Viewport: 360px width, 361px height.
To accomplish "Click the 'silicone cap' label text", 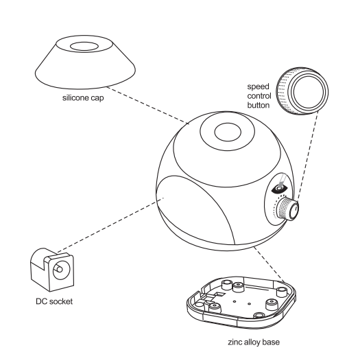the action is coord(83,98).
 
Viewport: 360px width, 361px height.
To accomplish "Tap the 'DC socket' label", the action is coord(54,301).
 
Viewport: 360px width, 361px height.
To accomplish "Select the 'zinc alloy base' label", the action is coord(254,342).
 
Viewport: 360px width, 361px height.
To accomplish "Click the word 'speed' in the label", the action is coord(258,86).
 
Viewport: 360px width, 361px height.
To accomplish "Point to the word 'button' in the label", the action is coord(259,105).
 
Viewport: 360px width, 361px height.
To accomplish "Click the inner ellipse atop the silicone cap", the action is coord(84,46).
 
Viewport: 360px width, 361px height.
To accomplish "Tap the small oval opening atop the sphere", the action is coord(228,132).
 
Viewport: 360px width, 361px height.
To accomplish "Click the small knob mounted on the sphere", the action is coord(288,209).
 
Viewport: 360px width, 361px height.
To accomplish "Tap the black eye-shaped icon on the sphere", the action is coord(279,189).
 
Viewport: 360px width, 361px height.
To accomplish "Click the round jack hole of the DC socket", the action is coord(61,270).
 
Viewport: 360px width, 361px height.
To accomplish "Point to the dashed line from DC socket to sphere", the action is coord(110,225).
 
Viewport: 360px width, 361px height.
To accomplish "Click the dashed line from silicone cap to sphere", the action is coord(147,105).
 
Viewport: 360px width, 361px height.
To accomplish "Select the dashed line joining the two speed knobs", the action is coord(308,156).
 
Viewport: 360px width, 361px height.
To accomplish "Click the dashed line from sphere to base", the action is coord(269,264).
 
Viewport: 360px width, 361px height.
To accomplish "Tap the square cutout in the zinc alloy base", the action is coord(220,294).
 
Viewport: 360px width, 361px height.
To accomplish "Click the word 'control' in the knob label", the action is coord(259,96).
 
